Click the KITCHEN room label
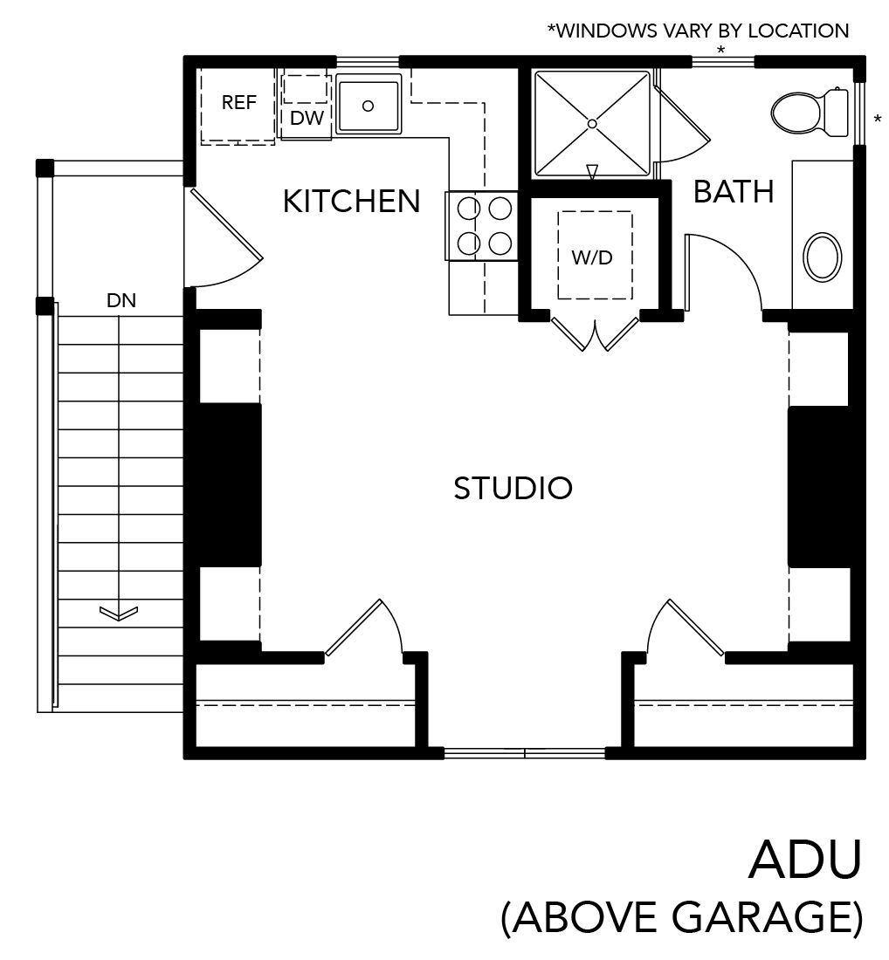pyautogui.click(x=351, y=201)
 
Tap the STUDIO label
pyautogui.click(x=513, y=488)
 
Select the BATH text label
pyautogui.click(x=734, y=192)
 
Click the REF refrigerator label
pyautogui.click(x=238, y=102)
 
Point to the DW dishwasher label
pyautogui.click(x=307, y=118)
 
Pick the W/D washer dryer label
pyautogui.click(x=592, y=257)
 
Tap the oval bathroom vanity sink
pyautogui.click(x=822, y=257)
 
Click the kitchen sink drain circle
pyautogui.click(x=368, y=106)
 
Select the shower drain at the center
pyautogui.click(x=592, y=124)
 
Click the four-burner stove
pyautogui.click(x=482, y=226)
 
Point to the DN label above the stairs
pyautogui.click(x=121, y=300)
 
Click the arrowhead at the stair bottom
pyautogui.click(x=118, y=613)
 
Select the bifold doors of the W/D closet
pyautogui.click(x=595, y=333)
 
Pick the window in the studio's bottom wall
pyautogui.click(x=525, y=753)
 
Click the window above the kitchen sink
pyautogui.click(x=368, y=61)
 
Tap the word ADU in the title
pyautogui.click(x=805, y=860)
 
